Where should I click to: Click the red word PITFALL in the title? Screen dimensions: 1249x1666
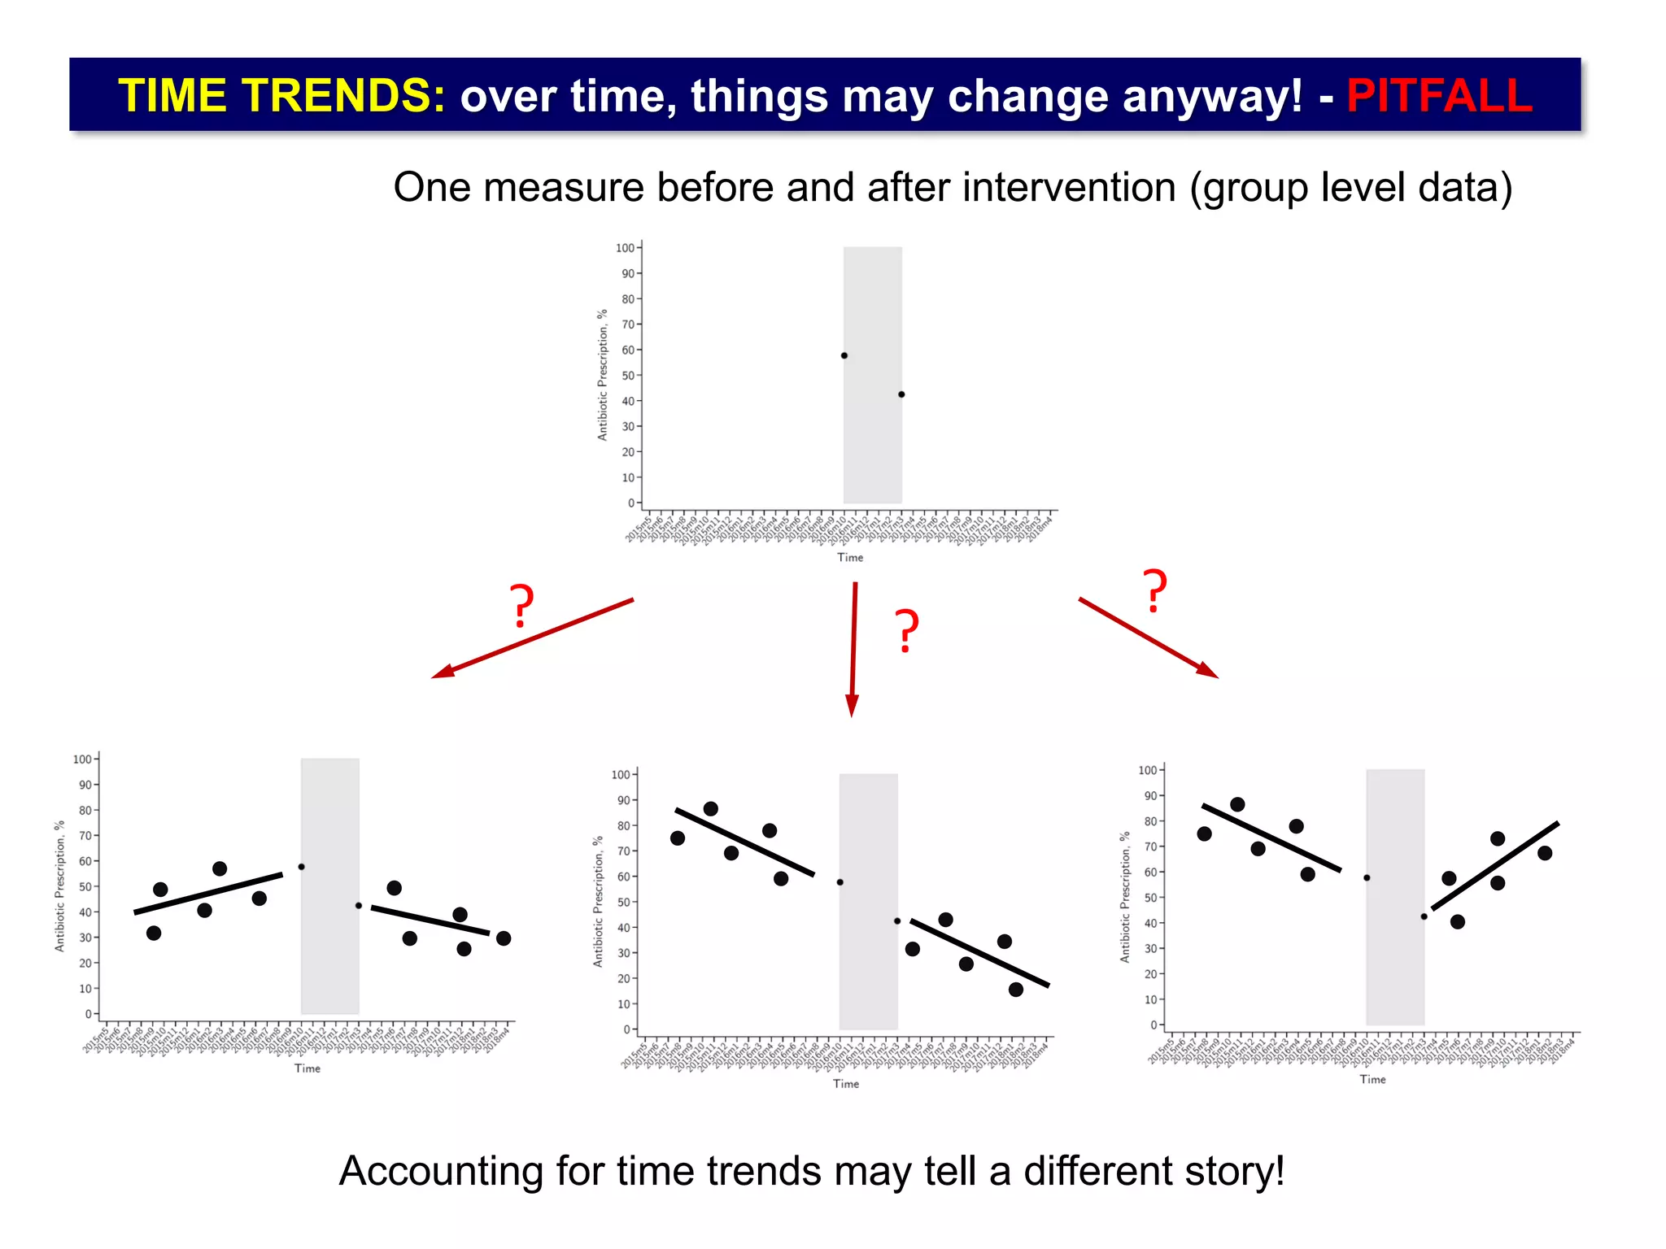coord(1439,95)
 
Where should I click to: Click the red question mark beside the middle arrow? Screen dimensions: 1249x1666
coord(907,631)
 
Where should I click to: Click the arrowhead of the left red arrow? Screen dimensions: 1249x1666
coord(442,672)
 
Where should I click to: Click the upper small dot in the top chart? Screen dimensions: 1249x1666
coord(844,355)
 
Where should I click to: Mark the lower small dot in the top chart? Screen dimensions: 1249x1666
coord(901,394)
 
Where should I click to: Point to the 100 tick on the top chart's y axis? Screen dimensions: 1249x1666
coord(625,248)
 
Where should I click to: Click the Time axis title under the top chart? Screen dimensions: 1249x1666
coord(850,558)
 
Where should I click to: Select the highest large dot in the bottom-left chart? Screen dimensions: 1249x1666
coord(220,869)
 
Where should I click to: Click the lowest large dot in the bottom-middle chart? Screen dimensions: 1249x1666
coord(1016,990)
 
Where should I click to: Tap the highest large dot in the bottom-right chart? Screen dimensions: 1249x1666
coord(1237,804)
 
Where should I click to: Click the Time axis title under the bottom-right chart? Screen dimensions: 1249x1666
coord(1372,1080)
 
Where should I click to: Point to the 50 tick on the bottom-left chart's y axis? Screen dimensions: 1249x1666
coord(85,887)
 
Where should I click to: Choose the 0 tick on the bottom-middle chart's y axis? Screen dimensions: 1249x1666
coord(627,1029)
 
